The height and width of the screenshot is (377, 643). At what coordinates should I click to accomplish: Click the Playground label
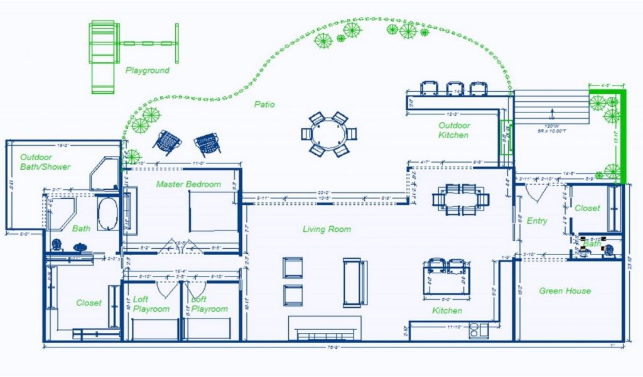(147, 70)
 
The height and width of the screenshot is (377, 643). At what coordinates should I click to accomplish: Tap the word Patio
(264, 105)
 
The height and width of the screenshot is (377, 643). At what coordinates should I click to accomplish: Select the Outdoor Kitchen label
(454, 130)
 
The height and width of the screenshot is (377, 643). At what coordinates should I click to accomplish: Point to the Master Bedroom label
(188, 184)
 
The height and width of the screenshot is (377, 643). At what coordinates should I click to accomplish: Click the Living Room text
(327, 229)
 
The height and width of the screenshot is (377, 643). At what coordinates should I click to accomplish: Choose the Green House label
(565, 291)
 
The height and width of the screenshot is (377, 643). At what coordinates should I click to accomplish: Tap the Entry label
(537, 221)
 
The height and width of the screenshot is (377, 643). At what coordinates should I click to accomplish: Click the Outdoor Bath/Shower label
(45, 162)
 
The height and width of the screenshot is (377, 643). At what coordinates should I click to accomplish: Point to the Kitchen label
(447, 310)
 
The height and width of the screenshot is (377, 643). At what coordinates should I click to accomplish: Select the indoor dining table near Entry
(460, 200)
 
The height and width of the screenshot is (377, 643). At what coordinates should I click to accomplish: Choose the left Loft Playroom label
(151, 304)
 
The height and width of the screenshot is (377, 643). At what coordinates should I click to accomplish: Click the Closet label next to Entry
(587, 208)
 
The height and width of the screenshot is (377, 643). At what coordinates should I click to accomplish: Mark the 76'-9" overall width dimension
(333, 346)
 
